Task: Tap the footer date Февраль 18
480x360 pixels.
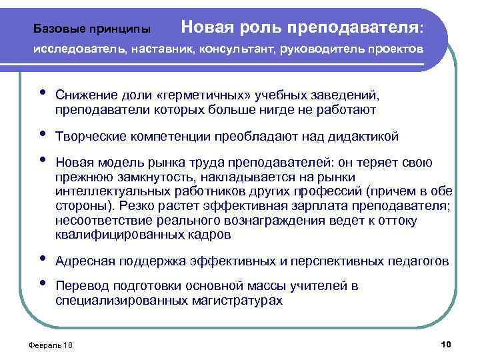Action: [x=47, y=345]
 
